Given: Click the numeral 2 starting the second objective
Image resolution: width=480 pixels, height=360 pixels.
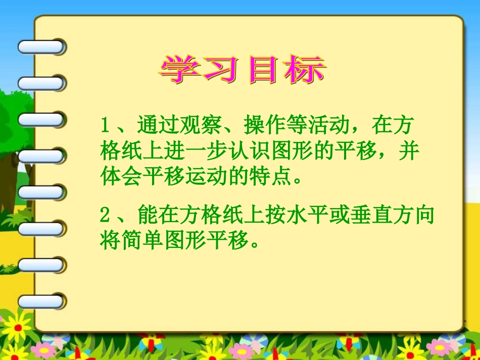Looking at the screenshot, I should pos(105,216).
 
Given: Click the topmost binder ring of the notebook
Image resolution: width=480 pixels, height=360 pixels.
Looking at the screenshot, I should pos(41,47).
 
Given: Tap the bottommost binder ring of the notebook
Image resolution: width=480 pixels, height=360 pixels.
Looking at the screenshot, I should pos(41,301).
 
